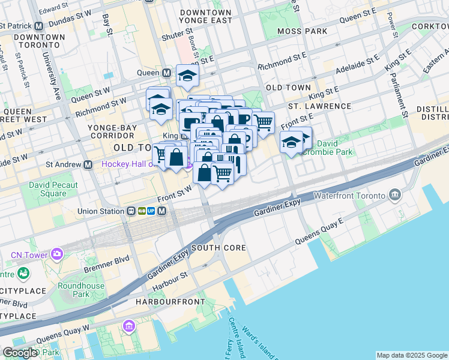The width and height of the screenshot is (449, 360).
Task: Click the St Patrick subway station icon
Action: tap(39, 26)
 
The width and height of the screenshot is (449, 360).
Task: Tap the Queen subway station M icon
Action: tap(167, 73)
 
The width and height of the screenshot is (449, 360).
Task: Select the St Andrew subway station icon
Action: tap(88, 164)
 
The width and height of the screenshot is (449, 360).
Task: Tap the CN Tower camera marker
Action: tap(57, 254)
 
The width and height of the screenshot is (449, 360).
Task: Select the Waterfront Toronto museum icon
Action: tap(395, 194)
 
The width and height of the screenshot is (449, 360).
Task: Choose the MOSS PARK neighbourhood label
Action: tap(303, 31)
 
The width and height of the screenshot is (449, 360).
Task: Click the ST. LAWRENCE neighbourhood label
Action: tap(319, 106)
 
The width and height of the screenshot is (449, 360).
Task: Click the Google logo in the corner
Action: tap(19, 353)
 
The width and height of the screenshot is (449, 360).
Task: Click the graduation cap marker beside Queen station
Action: tap(187, 76)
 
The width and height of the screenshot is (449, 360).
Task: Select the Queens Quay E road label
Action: tap(318, 232)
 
